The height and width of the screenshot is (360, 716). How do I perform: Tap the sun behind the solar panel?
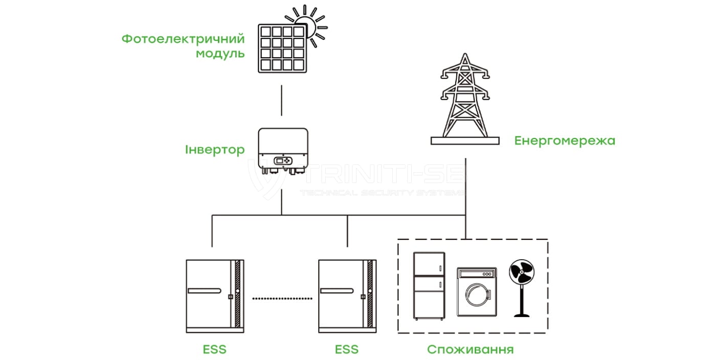tap(309, 23)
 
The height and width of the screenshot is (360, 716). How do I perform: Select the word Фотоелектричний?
tap(183, 39)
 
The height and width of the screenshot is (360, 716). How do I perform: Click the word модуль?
tap(220, 54)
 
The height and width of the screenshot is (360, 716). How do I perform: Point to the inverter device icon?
tap(282, 150)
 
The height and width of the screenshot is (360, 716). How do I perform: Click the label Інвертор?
tap(215, 150)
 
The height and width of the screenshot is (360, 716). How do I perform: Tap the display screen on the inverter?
tap(280, 161)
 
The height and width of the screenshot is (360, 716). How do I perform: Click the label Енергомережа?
tap(565, 141)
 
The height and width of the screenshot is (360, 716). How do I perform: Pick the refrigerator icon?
tap(429, 286)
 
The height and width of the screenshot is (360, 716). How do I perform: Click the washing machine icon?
tap(477, 294)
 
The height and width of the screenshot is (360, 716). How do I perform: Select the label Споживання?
tap(470, 350)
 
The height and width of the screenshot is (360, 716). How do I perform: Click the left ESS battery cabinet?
tap(214, 295)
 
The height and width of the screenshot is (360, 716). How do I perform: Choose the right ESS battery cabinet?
tap(347, 295)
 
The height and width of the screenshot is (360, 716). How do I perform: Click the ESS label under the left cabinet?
tap(214, 350)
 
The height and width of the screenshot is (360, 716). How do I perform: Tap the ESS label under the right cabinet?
tap(347, 350)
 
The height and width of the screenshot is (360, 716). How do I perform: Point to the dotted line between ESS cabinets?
tap(283, 298)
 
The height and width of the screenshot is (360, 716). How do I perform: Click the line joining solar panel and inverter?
tap(282, 101)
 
